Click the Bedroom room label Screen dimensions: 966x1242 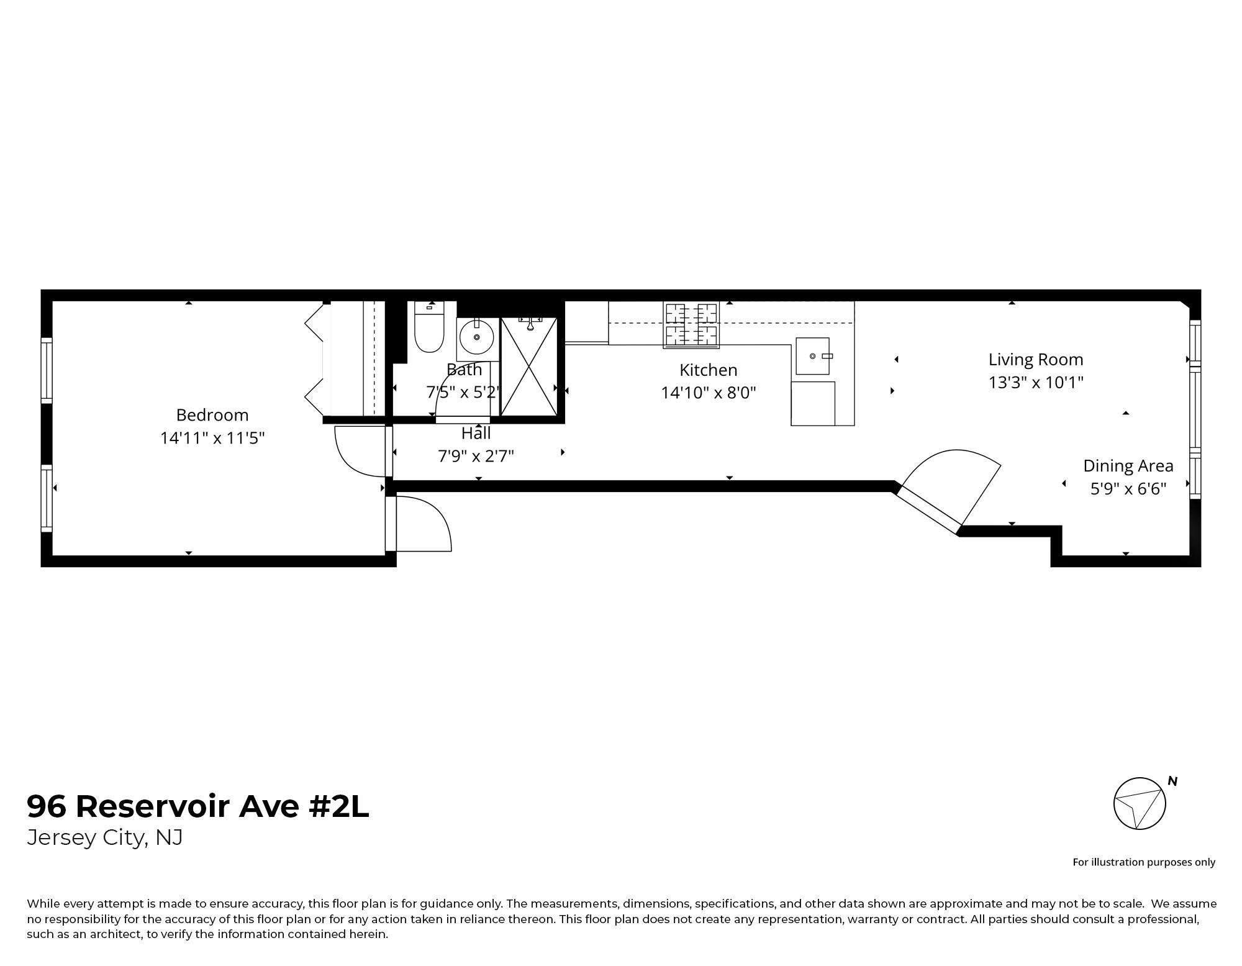tap(212, 415)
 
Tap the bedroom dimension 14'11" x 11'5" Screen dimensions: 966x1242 tap(212, 438)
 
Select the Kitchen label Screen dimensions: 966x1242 tap(708, 370)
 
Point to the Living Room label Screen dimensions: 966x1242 tap(1035, 360)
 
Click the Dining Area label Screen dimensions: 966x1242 tap(1128, 466)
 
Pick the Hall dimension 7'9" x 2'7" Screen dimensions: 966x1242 tap(476, 457)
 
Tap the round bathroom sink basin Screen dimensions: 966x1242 tap(477, 337)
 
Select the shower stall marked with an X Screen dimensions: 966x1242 tap(528, 367)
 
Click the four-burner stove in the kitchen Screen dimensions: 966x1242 tap(691, 324)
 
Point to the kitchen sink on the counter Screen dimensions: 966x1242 tap(812, 356)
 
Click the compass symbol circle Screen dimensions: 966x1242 tap(1139, 803)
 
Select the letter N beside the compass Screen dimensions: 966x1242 tap(1172, 781)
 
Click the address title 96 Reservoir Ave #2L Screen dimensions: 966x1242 tap(198, 806)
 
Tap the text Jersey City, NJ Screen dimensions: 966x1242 tap(105, 838)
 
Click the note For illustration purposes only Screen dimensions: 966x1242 tap(1144, 862)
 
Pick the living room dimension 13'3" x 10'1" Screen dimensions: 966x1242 tap(1035, 383)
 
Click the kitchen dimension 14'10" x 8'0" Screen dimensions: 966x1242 tap(708, 393)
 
